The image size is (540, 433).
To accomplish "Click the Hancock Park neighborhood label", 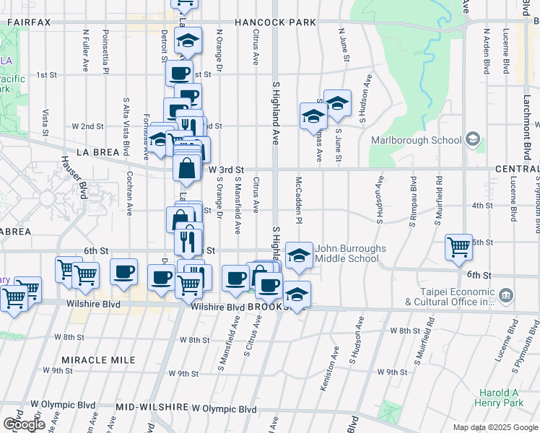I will tap(275, 22).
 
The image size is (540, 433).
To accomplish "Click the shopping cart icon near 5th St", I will tap(458, 247).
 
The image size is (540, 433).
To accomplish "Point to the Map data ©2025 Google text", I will tap(495, 427).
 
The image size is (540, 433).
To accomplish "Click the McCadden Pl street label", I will tap(297, 202).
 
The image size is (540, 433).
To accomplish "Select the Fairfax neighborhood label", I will tap(29, 22).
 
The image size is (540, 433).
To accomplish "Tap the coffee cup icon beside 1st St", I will tap(179, 72).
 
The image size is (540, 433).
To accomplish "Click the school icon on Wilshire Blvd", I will tap(297, 294).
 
